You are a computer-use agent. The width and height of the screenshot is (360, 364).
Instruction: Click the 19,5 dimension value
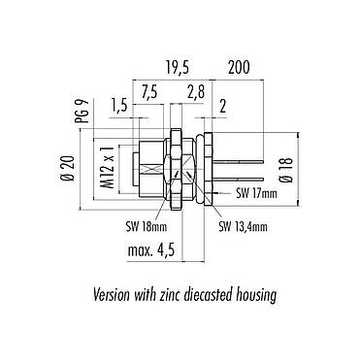[178, 68]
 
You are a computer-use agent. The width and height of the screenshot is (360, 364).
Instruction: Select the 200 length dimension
[239, 68]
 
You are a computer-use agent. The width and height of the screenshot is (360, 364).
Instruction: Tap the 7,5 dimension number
[149, 92]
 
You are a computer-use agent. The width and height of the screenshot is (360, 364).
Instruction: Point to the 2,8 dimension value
[196, 92]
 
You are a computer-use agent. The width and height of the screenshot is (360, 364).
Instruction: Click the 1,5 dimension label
[119, 106]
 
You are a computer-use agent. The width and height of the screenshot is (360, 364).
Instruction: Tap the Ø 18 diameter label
[287, 170]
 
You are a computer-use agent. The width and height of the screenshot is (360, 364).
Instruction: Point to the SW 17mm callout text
[256, 193]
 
